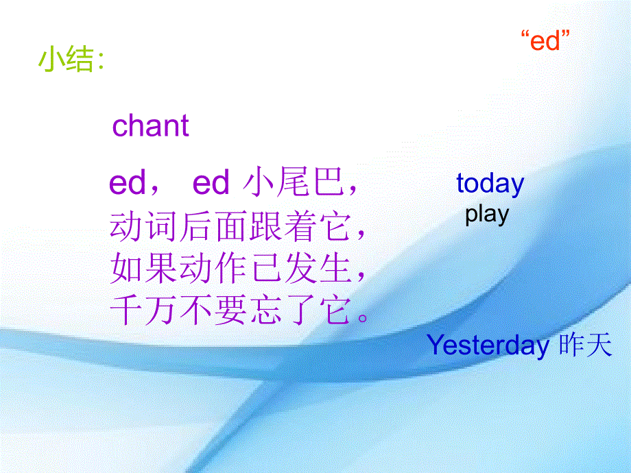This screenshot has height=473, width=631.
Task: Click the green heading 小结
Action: (66, 60)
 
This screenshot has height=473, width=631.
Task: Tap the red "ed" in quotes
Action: (545, 40)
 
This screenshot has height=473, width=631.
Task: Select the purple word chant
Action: (150, 125)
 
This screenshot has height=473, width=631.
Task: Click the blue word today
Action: (490, 184)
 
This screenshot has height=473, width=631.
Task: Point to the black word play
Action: (487, 215)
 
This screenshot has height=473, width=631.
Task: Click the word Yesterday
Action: (488, 345)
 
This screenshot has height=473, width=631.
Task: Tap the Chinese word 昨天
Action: (586, 345)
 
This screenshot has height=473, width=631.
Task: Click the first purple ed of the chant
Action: (127, 183)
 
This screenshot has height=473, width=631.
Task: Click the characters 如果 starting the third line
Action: (143, 269)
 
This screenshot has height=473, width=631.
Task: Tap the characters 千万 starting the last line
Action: (143, 310)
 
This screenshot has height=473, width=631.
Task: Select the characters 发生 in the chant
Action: (318, 269)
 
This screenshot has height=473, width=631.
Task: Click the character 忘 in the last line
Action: (265, 310)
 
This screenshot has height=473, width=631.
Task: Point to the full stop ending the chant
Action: (363, 318)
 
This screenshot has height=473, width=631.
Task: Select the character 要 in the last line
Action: (230, 310)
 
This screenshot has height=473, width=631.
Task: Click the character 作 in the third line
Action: (230, 269)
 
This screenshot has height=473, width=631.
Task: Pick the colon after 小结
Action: (100, 60)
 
